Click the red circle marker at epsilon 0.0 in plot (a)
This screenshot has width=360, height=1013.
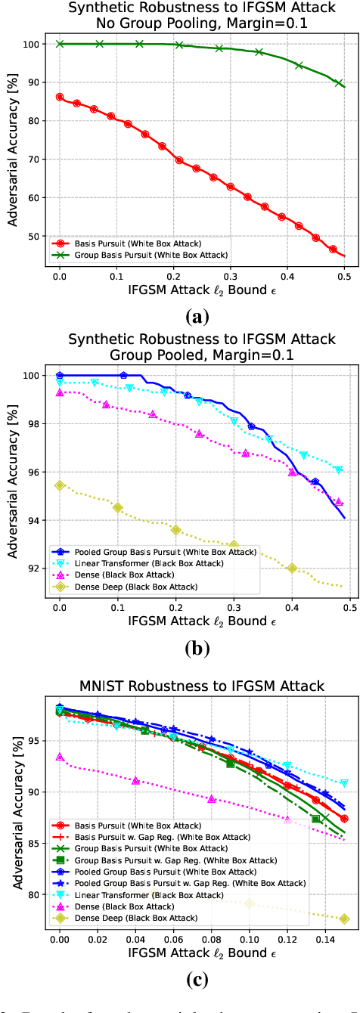(60, 98)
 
